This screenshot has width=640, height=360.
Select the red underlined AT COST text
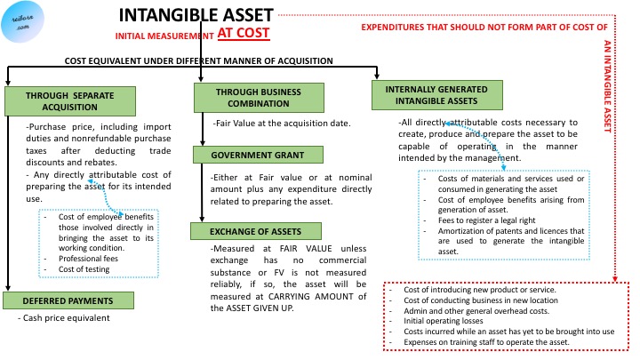(244, 35)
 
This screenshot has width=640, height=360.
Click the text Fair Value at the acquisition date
(283, 123)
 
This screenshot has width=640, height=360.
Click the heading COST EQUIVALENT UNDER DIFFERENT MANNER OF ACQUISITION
(199, 61)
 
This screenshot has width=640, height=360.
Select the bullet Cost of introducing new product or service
(480, 291)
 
